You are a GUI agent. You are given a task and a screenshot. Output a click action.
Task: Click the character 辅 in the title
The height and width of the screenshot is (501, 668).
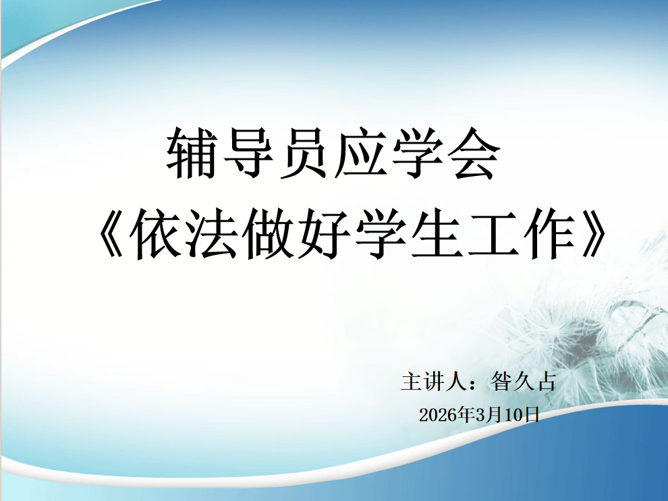tap(190, 153)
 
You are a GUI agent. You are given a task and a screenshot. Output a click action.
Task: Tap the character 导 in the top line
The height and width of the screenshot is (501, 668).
tap(248, 153)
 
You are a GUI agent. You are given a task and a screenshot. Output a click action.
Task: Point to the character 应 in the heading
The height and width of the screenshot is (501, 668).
tap(361, 153)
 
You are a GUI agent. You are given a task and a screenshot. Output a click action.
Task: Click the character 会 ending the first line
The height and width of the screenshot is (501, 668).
tap(475, 153)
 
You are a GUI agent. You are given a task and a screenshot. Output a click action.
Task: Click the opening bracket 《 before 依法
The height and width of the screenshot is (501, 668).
tap(111, 234)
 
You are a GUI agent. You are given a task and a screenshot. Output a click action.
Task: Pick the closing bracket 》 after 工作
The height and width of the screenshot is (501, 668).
tap(594, 234)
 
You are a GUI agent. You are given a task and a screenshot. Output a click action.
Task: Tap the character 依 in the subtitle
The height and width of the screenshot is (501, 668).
tap(155, 234)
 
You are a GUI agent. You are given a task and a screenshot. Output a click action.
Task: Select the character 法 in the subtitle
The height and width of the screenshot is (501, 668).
tap(213, 234)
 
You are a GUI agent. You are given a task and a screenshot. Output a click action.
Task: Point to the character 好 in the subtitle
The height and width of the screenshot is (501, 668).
tap(325, 234)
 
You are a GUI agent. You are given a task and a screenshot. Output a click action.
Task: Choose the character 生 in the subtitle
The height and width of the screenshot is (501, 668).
tap(437, 234)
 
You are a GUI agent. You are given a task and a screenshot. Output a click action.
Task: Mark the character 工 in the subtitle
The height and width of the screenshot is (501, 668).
tap(493, 234)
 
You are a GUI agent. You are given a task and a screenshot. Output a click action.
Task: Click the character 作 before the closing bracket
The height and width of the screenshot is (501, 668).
tap(550, 234)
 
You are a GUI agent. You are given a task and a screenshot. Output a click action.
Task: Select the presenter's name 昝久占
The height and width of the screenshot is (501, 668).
tap(524, 381)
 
